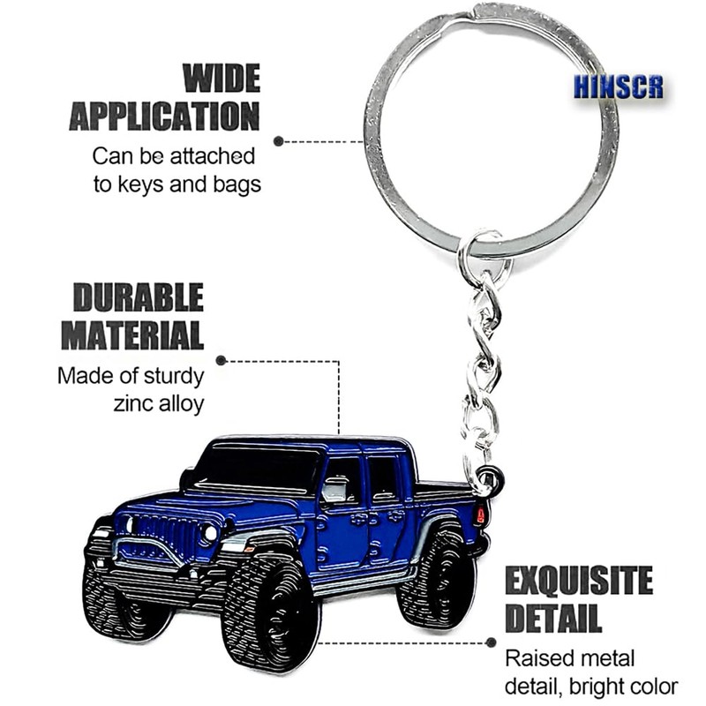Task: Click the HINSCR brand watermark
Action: pyautogui.click(x=618, y=87)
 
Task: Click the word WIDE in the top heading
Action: pyautogui.click(x=222, y=80)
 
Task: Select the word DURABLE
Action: pyautogui.click(x=138, y=299)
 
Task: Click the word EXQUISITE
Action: pyautogui.click(x=579, y=582)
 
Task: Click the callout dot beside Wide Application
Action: pyautogui.click(x=279, y=140)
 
